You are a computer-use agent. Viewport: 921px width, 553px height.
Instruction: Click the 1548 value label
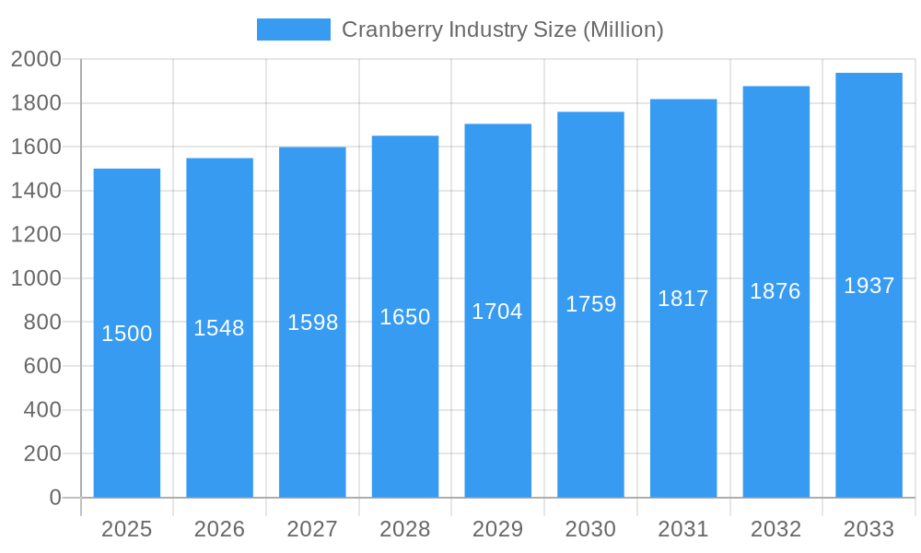(219, 328)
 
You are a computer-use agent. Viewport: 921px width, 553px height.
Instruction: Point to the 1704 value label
(497, 312)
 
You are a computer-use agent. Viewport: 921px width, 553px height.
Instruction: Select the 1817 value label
(683, 299)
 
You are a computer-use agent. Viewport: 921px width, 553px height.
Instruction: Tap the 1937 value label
(869, 286)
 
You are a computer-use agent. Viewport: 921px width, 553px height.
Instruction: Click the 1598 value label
(312, 323)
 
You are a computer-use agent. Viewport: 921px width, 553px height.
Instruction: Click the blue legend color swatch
(293, 29)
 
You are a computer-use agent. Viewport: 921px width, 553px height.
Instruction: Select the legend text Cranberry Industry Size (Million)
(502, 29)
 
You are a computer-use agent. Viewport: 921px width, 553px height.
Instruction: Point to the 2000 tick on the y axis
(36, 59)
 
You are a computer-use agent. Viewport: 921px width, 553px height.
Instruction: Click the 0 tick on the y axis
(54, 498)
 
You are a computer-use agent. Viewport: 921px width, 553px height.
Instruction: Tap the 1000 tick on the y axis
(36, 278)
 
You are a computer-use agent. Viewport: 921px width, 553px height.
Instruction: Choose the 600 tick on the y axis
(41, 366)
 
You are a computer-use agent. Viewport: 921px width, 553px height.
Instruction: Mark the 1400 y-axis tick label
(36, 191)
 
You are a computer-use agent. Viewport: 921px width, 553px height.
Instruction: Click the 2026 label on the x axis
(219, 529)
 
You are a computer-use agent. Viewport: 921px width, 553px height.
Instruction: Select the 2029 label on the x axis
(497, 529)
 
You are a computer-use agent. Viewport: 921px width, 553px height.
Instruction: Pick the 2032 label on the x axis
(775, 529)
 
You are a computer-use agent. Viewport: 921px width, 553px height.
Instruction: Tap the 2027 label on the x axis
(312, 529)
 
